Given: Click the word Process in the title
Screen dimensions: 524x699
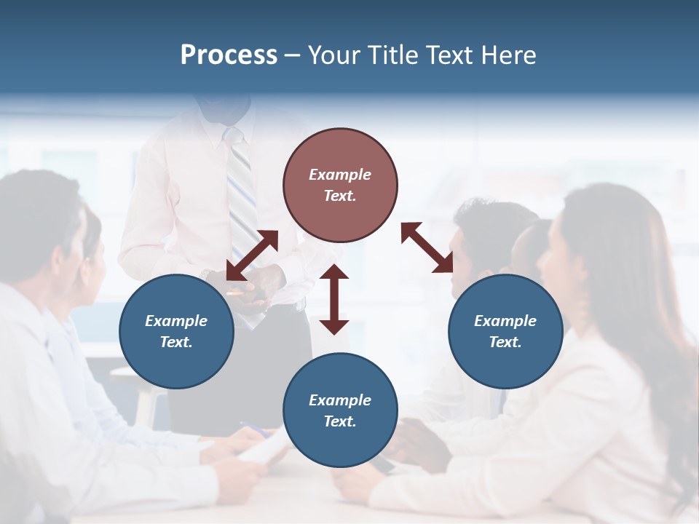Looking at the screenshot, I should (229, 55).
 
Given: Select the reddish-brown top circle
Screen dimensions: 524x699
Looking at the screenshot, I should (340, 185).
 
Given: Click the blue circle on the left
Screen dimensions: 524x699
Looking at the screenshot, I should (176, 331).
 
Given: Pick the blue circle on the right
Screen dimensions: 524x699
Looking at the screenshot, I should (505, 331).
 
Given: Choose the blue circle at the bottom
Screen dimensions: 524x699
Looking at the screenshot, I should (340, 410).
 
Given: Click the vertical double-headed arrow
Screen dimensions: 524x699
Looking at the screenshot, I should (334, 300).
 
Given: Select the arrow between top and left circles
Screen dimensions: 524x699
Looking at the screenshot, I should (253, 255).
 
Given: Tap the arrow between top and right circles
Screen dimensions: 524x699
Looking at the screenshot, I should (427, 248).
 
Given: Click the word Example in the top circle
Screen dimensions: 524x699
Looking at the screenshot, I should (340, 175).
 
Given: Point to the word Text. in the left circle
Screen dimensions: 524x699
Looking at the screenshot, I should (176, 342).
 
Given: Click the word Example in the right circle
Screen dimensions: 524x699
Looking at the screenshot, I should (505, 321).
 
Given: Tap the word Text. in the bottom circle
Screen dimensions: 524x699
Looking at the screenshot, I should (340, 421).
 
